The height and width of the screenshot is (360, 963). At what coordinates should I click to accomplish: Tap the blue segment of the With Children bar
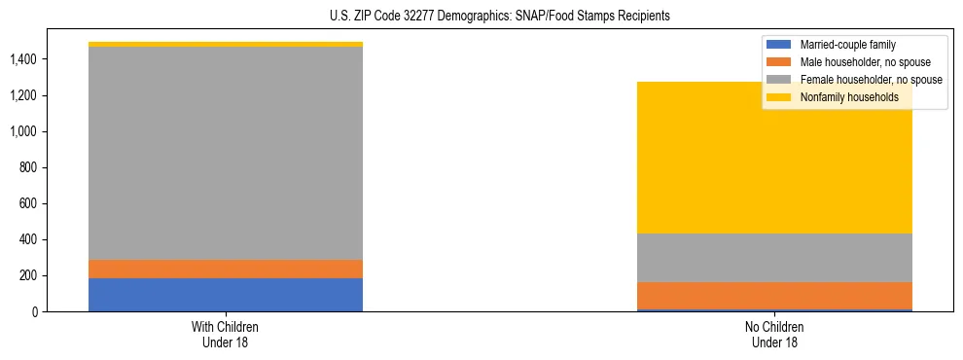226,294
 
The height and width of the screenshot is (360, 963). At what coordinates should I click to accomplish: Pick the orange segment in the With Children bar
226,269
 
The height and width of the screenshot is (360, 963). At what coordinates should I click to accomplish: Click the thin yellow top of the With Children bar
226,44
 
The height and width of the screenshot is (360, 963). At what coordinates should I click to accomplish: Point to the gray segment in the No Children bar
774,258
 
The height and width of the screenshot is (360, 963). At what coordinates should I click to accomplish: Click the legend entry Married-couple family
847,45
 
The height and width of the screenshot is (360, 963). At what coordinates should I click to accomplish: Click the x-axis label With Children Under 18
226,334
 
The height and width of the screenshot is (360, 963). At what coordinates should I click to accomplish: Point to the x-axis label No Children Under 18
774,334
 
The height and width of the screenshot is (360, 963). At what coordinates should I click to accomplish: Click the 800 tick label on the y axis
28,168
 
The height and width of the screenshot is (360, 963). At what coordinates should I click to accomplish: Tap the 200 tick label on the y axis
28,276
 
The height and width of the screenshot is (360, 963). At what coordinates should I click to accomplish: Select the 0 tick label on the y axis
34,312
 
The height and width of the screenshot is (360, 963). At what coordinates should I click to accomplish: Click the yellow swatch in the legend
779,97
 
